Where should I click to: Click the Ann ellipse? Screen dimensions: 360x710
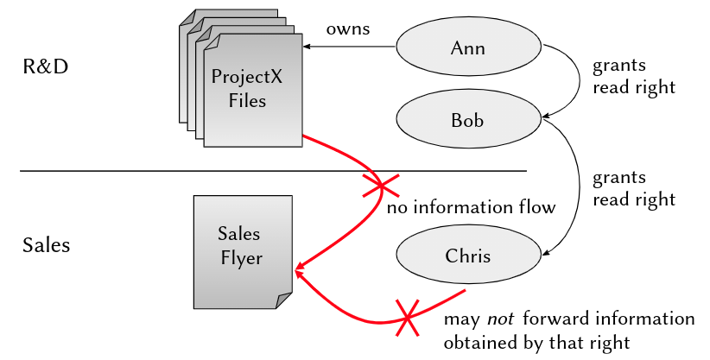click(468, 47)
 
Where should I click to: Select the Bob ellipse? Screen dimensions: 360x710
click(468, 119)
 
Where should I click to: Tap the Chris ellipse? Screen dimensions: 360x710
click(468, 256)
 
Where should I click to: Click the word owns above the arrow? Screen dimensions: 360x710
click(347, 29)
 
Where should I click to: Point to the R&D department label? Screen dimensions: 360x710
click(45, 66)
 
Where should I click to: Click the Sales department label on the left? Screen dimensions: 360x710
click(46, 245)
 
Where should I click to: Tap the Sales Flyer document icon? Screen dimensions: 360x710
click(241, 250)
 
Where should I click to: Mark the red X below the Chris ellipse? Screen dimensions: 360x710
click(408, 317)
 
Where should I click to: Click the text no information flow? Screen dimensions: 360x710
click(471, 208)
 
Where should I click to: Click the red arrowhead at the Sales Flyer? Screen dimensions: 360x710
click(298, 269)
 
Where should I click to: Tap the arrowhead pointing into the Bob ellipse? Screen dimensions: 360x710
click(545, 115)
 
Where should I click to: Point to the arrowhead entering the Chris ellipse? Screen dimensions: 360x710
click(545, 251)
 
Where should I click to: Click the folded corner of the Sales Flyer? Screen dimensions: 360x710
click(283, 300)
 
